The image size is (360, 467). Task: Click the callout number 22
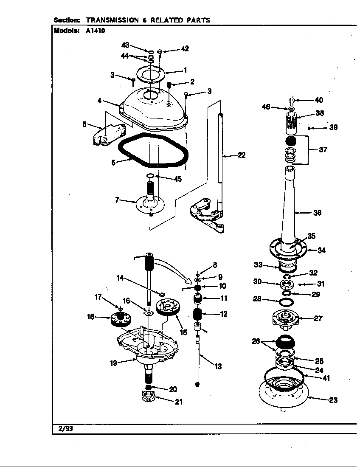(242, 155)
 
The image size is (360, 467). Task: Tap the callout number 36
(317, 213)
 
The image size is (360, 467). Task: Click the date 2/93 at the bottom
(63, 428)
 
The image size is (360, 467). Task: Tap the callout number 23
(333, 400)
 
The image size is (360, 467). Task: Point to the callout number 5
(84, 124)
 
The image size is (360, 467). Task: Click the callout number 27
(318, 318)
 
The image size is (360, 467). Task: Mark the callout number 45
(177, 179)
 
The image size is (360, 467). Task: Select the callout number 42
(185, 48)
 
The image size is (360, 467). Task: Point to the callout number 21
(179, 402)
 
